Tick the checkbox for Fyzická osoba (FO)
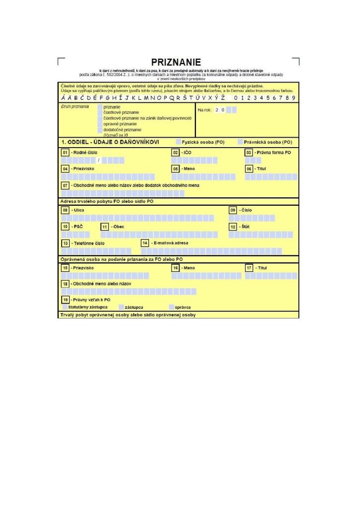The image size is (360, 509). [179, 142]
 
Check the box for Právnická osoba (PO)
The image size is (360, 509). [240, 142]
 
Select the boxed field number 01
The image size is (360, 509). [65, 152]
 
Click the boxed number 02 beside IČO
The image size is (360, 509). [175, 152]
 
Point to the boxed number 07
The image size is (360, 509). [65, 185]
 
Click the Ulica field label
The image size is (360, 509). [79, 210]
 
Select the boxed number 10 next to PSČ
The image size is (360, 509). [65, 227]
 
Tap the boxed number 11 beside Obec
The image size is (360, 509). [104, 227]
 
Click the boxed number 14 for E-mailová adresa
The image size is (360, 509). [145, 243]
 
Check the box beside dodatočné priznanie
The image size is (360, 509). [100, 130]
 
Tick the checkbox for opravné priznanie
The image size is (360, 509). [100, 124]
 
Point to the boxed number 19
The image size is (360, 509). [65, 300]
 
